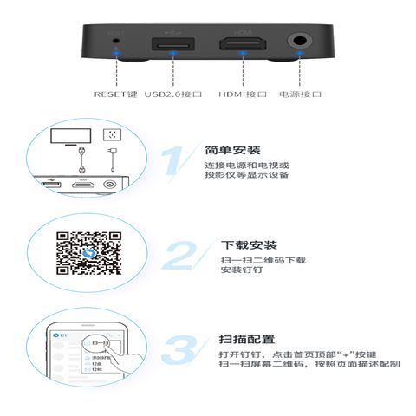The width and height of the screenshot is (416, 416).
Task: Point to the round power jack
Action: (302, 41)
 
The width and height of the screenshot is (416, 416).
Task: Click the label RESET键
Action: (115, 93)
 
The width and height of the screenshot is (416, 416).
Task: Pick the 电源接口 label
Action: (301, 93)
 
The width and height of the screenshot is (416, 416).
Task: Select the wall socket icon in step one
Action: (109, 137)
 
